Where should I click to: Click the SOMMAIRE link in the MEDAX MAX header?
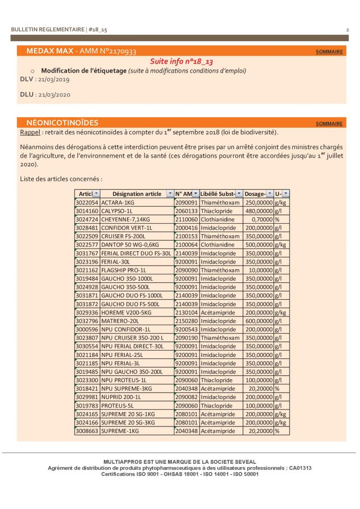tap(329, 52)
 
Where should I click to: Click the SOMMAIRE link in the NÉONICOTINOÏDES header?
tap(329, 124)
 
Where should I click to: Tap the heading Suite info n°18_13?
tap(181, 61)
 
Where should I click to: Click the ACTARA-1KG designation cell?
tap(118, 203)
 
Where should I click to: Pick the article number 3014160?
tap(87, 211)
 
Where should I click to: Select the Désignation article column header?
tap(137, 194)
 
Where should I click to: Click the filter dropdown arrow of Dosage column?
tap(270, 194)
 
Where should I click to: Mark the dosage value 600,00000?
tap(258, 321)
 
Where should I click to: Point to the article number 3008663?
tap(87, 431)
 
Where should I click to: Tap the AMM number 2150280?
tap(186, 321)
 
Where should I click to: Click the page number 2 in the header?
tap(347, 30)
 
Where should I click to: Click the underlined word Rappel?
tap(29, 133)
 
